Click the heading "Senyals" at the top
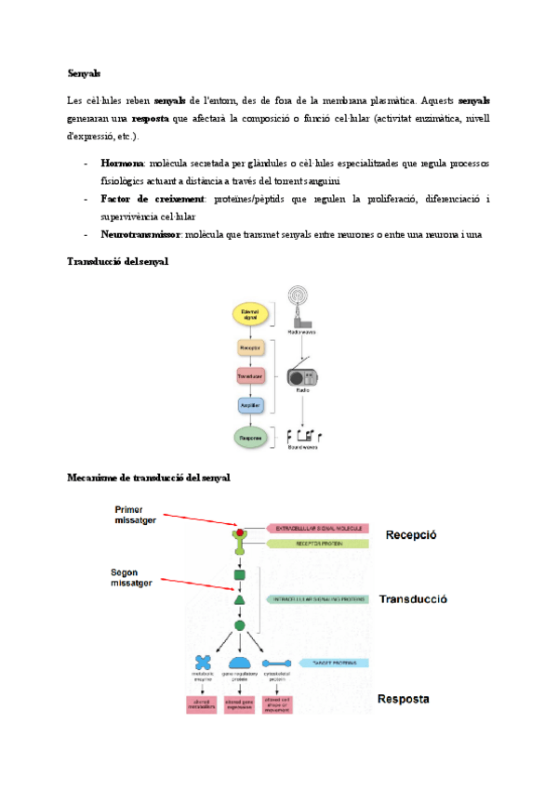click(84, 72)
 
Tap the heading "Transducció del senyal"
click(117, 262)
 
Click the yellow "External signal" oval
click(249, 314)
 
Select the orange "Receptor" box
click(248, 348)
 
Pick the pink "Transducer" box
click(248, 376)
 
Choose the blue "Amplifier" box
click(248, 405)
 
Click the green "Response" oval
click(249, 437)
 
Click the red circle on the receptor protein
click(240, 532)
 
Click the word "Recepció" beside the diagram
click(411, 535)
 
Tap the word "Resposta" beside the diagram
click(404, 699)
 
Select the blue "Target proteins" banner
click(316, 662)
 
